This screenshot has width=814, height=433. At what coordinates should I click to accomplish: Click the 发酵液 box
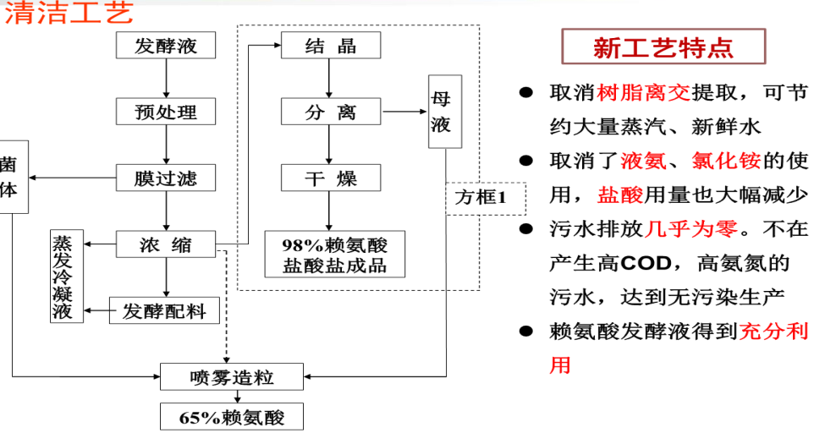point(166,45)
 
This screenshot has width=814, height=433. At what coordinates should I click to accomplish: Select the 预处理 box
point(166,112)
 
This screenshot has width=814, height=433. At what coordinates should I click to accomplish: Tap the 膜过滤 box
point(166,178)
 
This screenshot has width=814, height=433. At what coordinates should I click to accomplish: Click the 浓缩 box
point(166,245)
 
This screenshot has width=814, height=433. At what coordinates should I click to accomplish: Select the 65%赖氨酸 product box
point(231,416)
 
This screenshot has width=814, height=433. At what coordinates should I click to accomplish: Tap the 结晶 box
point(331,46)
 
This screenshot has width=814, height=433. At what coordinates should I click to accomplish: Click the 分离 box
point(331,112)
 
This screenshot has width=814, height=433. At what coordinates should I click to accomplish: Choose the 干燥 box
point(331,178)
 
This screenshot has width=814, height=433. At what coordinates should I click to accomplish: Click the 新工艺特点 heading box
point(663,47)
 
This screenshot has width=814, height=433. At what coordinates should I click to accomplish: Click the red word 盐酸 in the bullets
point(620,195)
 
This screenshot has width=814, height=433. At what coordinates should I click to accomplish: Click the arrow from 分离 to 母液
point(405,112)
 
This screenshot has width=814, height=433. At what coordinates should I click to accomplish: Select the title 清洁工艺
point(68,14)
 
